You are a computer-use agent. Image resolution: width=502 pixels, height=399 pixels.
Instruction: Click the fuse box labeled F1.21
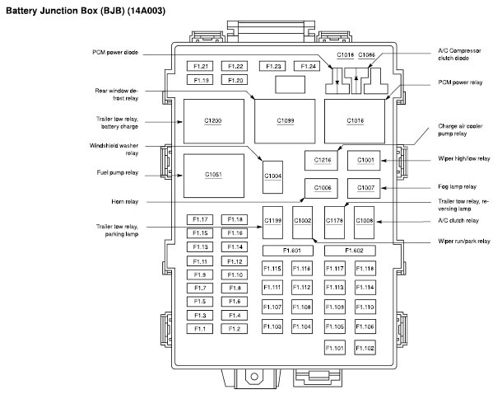[201, 66]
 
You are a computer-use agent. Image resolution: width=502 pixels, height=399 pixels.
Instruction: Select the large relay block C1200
[213, 121]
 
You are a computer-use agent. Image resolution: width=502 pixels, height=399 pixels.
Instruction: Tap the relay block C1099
[286, 121]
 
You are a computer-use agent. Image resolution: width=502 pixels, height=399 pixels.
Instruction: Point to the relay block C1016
[355, 121]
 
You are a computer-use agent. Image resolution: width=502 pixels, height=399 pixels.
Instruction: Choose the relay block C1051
[213, 175]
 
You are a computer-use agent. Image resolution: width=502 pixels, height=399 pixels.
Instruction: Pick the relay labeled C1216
[322, 159]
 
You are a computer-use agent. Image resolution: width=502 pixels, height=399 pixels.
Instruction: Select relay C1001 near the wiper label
[365, 159]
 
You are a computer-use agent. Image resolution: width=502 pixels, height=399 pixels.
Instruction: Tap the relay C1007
[365, 189]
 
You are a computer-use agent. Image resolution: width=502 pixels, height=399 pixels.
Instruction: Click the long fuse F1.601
[292, 250]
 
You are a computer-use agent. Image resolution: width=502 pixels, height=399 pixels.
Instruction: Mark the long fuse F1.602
[354, 250]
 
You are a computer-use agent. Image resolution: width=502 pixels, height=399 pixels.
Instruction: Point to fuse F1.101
[335, 348]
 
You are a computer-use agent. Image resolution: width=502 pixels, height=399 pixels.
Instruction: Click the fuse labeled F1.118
[365, 268]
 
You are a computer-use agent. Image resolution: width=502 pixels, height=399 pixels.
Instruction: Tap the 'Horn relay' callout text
[126, 200]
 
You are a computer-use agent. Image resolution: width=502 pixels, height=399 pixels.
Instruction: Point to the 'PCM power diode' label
[115, 52]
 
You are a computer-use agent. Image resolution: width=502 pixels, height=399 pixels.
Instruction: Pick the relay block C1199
[273, 220]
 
